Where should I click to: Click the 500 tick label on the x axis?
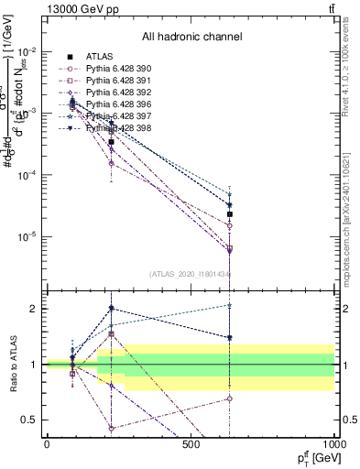pyautogui.click(x=191, y=444)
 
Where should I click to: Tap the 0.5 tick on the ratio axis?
pyautogui.click(x=33, y=420)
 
